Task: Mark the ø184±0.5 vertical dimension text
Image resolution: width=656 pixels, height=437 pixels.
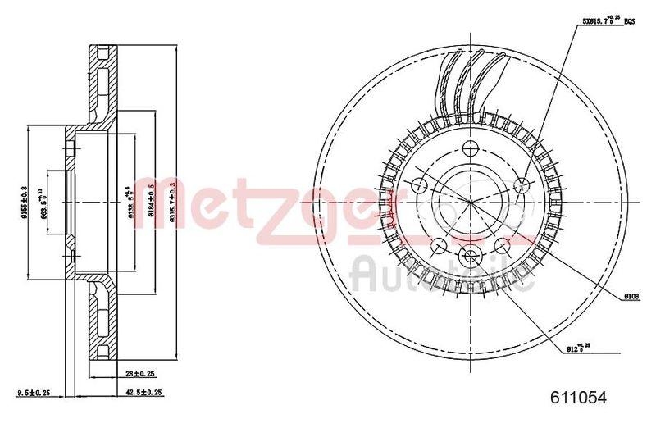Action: [151, 198]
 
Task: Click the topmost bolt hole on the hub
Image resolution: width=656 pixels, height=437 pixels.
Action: [470, 148]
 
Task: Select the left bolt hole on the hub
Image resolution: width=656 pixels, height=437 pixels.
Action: [417, 185]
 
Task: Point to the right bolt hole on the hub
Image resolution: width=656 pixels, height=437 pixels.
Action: [522, 186]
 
